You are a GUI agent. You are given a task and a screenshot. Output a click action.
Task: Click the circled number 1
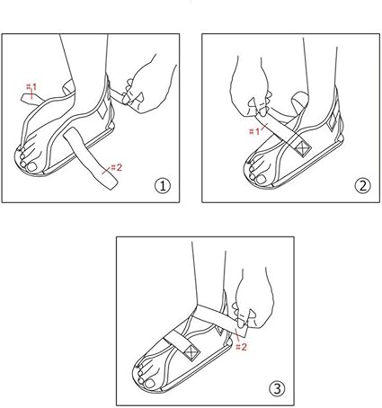point(162,186)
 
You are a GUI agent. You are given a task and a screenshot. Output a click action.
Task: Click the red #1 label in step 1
point(31,88)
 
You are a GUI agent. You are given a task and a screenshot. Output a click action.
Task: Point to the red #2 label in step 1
point(114,167)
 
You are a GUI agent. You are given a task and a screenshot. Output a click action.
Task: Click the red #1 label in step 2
point(254,130)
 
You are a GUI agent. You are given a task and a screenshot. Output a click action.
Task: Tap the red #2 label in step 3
point(241,342)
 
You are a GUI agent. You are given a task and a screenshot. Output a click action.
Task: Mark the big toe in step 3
point(145,368)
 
